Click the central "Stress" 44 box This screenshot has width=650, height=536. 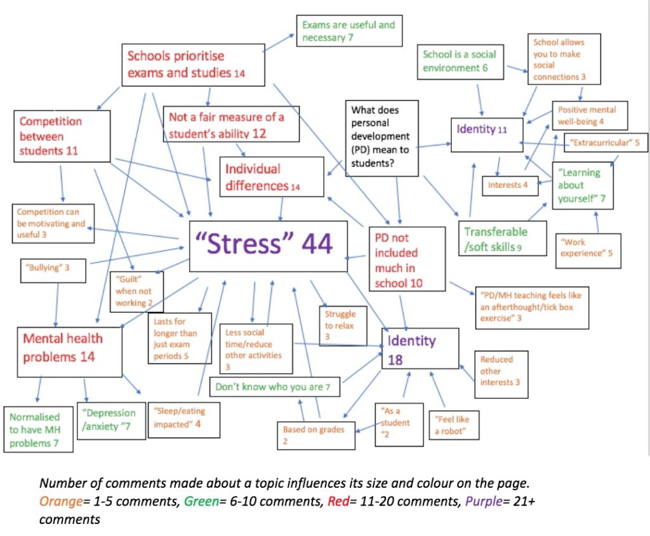269,246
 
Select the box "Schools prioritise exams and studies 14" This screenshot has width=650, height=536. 193,65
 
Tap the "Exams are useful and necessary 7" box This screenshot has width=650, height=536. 349,30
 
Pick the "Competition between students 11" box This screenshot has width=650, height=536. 62,136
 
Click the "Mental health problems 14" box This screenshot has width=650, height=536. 70,351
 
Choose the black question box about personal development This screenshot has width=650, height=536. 381,138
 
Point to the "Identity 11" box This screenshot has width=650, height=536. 487,134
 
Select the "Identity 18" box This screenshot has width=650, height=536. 420,348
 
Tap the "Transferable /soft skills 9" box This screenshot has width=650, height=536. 503,238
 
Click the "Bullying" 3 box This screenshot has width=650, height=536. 53,270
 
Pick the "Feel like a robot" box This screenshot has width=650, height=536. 454,425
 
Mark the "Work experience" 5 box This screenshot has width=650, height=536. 588,251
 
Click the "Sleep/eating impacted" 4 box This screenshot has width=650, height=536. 184,420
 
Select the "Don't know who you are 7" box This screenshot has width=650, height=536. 275,387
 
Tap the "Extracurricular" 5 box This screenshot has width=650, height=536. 606,143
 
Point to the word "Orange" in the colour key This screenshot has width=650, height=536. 61,502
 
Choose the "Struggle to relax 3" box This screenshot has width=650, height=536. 343,325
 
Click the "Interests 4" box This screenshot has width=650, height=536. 510,186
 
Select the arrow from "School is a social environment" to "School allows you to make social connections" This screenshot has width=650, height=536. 517,69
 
